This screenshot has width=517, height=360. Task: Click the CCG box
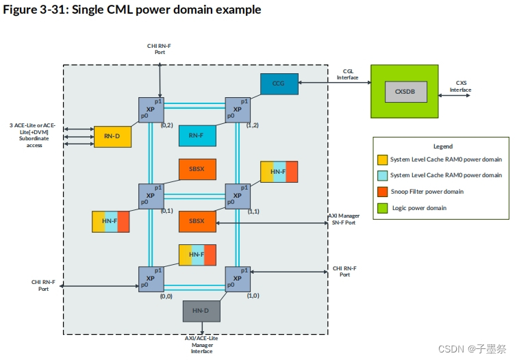[x=279, y=83]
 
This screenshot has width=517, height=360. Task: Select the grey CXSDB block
[x=406, y=92]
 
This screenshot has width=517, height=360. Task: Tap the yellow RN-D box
[x=112, y=136]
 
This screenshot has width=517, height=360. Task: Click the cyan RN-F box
[x=197, y=136]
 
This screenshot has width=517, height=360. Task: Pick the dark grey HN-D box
[x=201, y=311]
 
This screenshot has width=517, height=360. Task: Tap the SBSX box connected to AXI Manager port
[x=197, y=222]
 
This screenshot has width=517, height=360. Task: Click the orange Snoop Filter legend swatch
[x=383, y=192]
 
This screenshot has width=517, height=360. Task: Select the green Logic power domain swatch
[x=383, y=208]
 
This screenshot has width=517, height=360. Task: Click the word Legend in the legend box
[x=443, y=146]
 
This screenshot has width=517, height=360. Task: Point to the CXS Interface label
[x=461, y=86]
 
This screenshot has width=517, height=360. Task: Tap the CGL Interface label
[x=348, y=75]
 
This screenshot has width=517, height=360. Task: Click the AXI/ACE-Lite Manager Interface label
[x=201, y=345]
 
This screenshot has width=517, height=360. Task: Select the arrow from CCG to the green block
[x=335, y=82]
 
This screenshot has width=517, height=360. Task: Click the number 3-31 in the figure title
[x=52, y=10]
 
